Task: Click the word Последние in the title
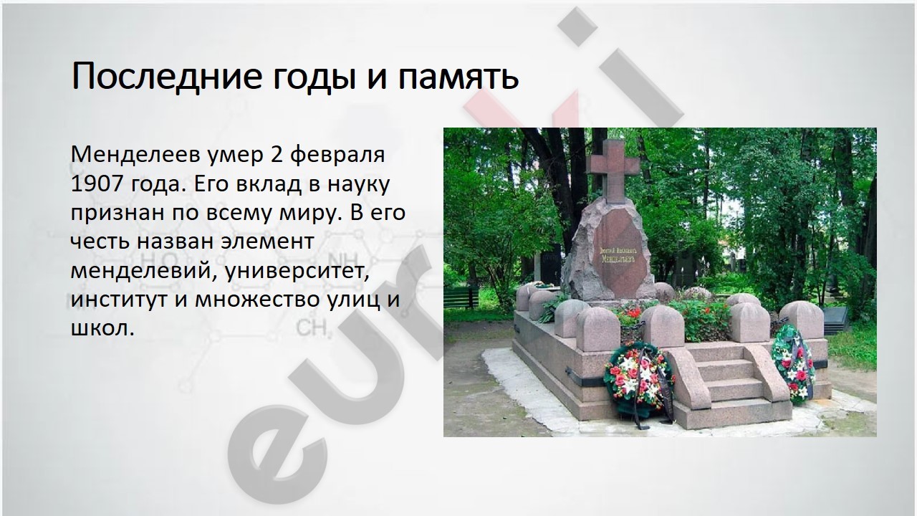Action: [167, 76]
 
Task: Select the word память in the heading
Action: [458, 77]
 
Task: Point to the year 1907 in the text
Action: [97, 183]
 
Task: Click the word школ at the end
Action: [102, 328]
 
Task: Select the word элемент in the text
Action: [267, 242]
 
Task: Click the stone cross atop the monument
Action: [613, 171]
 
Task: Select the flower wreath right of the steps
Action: [792, 363]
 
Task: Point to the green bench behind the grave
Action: [461, 297]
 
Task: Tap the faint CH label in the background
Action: [313, 328]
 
